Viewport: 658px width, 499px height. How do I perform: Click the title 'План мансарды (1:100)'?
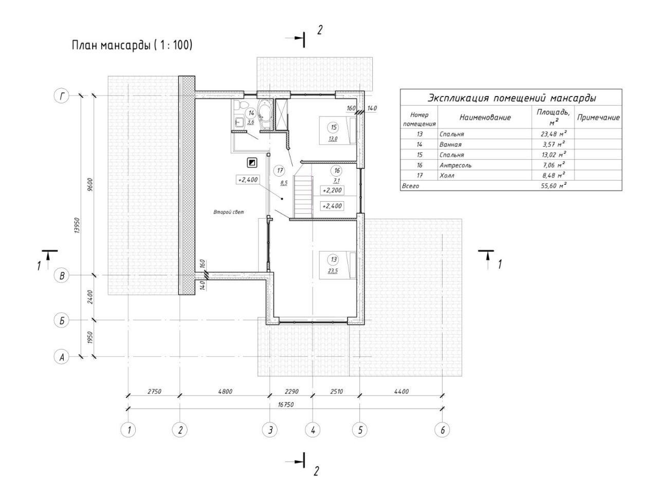coord(132,45)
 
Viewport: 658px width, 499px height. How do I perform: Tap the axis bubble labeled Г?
coord(62,95)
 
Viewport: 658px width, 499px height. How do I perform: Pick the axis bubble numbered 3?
coord(269,430)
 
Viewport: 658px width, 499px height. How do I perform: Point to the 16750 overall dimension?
coord(285,405)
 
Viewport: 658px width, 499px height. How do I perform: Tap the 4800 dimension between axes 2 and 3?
coord(225,392)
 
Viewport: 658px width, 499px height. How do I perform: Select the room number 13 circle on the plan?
coord(334,259)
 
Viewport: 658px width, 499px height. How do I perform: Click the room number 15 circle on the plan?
coord(334,127)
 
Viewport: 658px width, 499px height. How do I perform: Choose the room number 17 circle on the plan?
coord(279,170)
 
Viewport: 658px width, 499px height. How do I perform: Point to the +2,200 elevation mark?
coord(332,190)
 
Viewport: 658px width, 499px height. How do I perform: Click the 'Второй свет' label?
coord(229,212)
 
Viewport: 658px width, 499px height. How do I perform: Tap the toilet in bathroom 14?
coord(237,106)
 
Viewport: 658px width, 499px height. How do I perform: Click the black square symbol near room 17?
coord(252,163)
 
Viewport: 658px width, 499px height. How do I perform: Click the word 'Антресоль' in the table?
coord(455,165)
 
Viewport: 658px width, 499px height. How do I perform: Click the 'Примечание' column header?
coord(598,118)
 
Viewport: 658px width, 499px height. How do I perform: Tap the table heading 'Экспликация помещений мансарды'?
coord(511,98)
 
